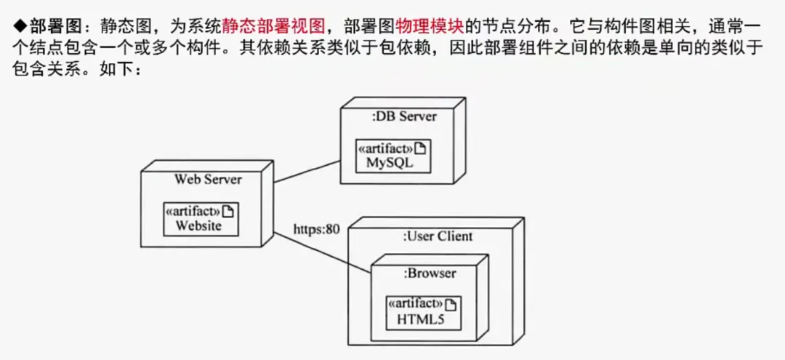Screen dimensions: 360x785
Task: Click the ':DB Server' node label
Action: (x=403, y=116)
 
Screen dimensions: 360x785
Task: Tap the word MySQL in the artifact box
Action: (x=389, y=163)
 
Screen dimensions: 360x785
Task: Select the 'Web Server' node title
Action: (x=208, y=180)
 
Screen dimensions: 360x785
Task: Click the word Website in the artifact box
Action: (x=198, y=226)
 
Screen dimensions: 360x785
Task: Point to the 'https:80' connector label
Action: (x=316, y=230)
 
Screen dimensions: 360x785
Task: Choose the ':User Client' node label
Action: (x=437, y=236)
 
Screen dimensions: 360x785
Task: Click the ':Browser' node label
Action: (x=430, y=273)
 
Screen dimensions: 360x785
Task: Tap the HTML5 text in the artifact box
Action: (x=420, y=319)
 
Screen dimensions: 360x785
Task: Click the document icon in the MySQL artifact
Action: (x=419, y=148)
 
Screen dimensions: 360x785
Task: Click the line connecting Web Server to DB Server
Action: (x=307, y=172)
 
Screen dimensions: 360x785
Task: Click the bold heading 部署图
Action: (x=52, y=27)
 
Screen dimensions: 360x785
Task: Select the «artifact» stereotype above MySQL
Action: (x=385, y=148)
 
